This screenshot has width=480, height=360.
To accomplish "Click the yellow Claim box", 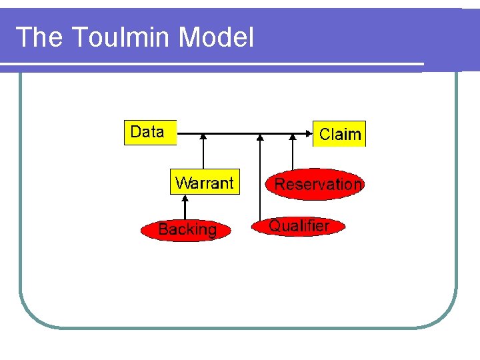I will (339, 134).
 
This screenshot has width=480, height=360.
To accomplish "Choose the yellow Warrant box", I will (204, 183).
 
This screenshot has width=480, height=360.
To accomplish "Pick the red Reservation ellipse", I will (317, 184).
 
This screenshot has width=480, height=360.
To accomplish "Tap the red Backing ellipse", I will (187, 230).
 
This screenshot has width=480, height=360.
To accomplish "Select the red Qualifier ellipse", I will (299, 226).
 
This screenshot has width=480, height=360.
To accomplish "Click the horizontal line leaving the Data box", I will (190, 134).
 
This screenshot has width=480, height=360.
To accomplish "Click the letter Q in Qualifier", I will (275, 226).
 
